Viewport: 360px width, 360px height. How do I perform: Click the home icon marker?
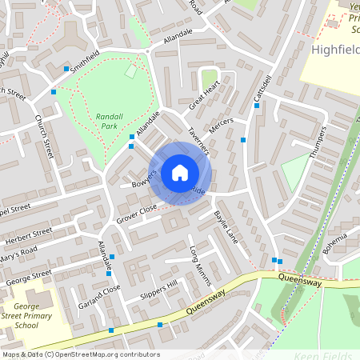[x=179, y=172]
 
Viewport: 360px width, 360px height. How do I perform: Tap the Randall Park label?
[x=109, y=121]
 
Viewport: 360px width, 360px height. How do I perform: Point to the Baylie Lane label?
[x=226, y=226]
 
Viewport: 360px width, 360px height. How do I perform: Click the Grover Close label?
[x=137, y=213]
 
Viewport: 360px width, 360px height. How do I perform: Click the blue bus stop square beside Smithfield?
[x=66, y=69]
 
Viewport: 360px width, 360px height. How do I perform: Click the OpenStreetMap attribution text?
[x=81, y=354]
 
